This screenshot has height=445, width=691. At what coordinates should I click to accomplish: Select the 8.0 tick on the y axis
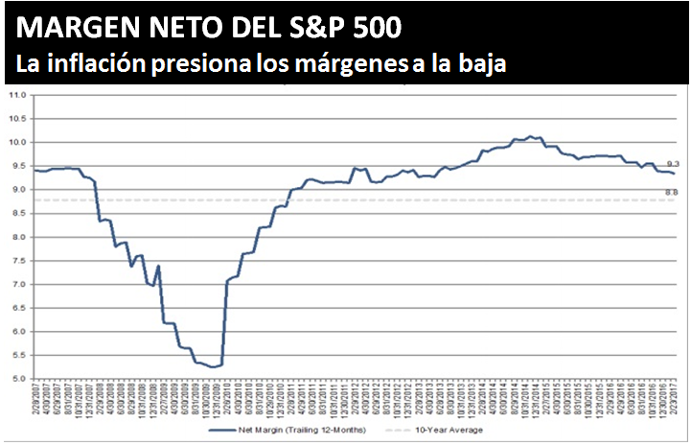click(x=16, y=237)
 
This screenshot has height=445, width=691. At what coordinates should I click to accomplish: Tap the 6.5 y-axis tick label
click(x=16, y=308)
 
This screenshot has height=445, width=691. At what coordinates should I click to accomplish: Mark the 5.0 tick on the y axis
click(x=16, y=379)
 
